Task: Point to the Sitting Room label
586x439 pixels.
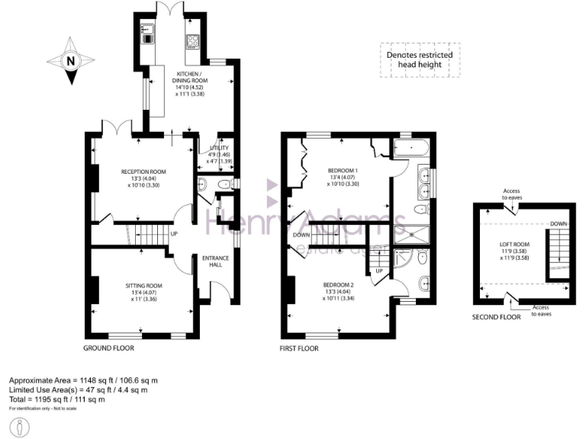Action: [143, 293]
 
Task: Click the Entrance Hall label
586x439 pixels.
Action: [217, 263]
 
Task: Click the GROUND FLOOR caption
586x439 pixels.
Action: [109, 348]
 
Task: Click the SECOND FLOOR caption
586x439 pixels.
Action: [496, 317]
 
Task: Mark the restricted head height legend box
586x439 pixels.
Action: [419, 60]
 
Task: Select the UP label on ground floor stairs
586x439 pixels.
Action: [175, 233]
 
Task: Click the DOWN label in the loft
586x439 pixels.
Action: [557, 224]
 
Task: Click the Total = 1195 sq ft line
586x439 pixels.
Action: [56, 399]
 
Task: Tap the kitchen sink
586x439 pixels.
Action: [147, 34]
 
